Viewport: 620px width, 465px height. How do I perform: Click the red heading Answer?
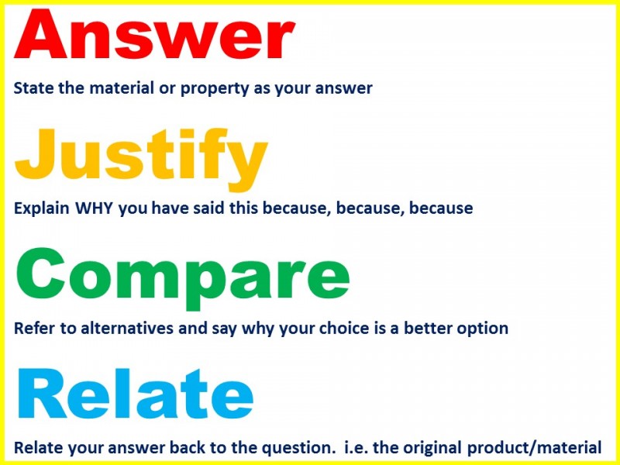(155, 34)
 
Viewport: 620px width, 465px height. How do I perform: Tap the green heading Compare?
(183, 277)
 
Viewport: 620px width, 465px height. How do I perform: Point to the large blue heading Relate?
(135, 394)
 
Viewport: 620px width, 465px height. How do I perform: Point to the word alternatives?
(127, 328)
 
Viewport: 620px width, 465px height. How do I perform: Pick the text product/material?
(534, 449)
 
